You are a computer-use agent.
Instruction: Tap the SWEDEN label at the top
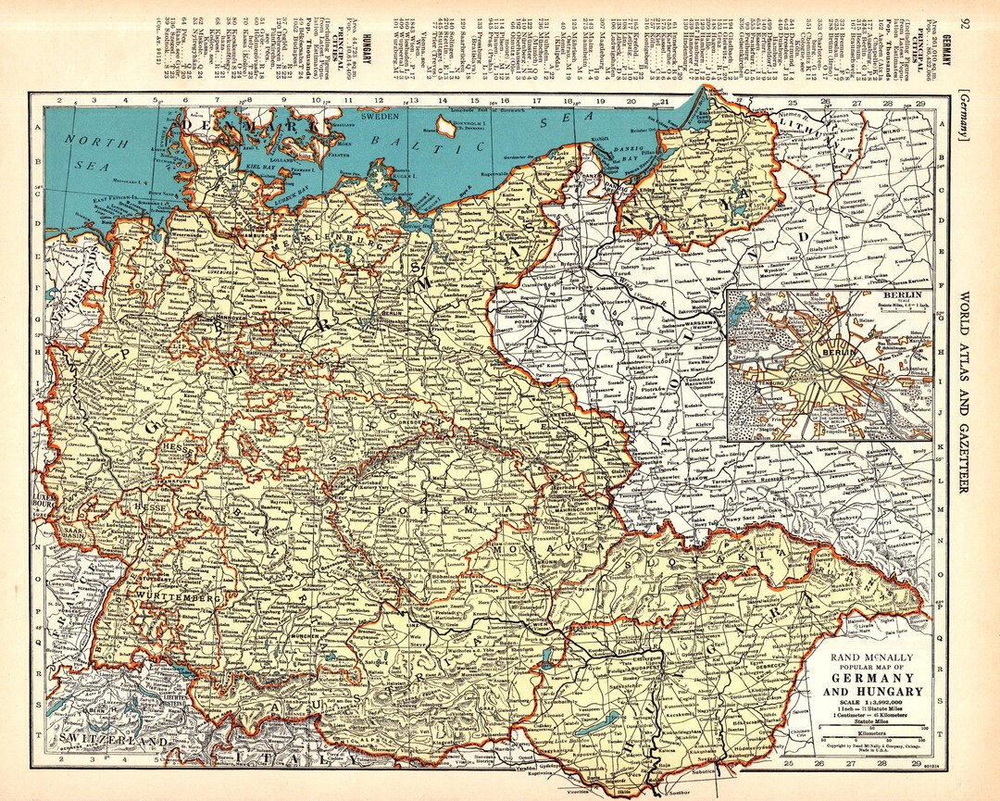(x=378, y=119)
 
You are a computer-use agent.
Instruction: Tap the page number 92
(x=965, y=23)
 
